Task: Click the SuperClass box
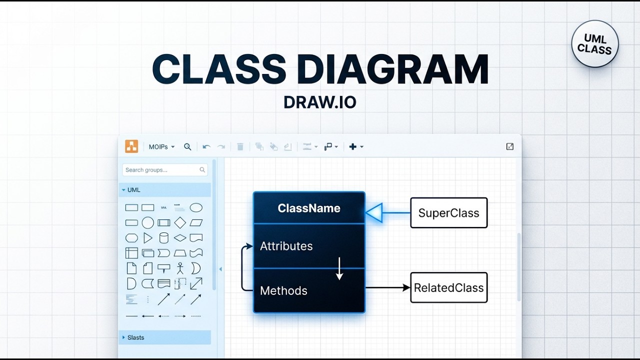coord(448,213)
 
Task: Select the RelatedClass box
coord(448,288)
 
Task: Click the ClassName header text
coord(309,208)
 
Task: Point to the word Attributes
coord(286,246)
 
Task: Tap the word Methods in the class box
coord(283,291)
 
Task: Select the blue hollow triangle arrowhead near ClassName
coord(374,213)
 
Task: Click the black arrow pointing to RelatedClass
coord(388,287)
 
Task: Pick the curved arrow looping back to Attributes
coord(243,268)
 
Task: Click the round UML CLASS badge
coord(595,44)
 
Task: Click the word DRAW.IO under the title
coord(319,102)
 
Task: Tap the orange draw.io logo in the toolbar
coord(131,146)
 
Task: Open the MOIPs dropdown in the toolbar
coord(161,147)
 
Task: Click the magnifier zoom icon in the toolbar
coord(187,147)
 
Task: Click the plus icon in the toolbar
coord(353,146)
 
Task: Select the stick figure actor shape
coord(180,268)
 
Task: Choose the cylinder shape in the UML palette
coord(163,238)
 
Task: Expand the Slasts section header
coord(135,337)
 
